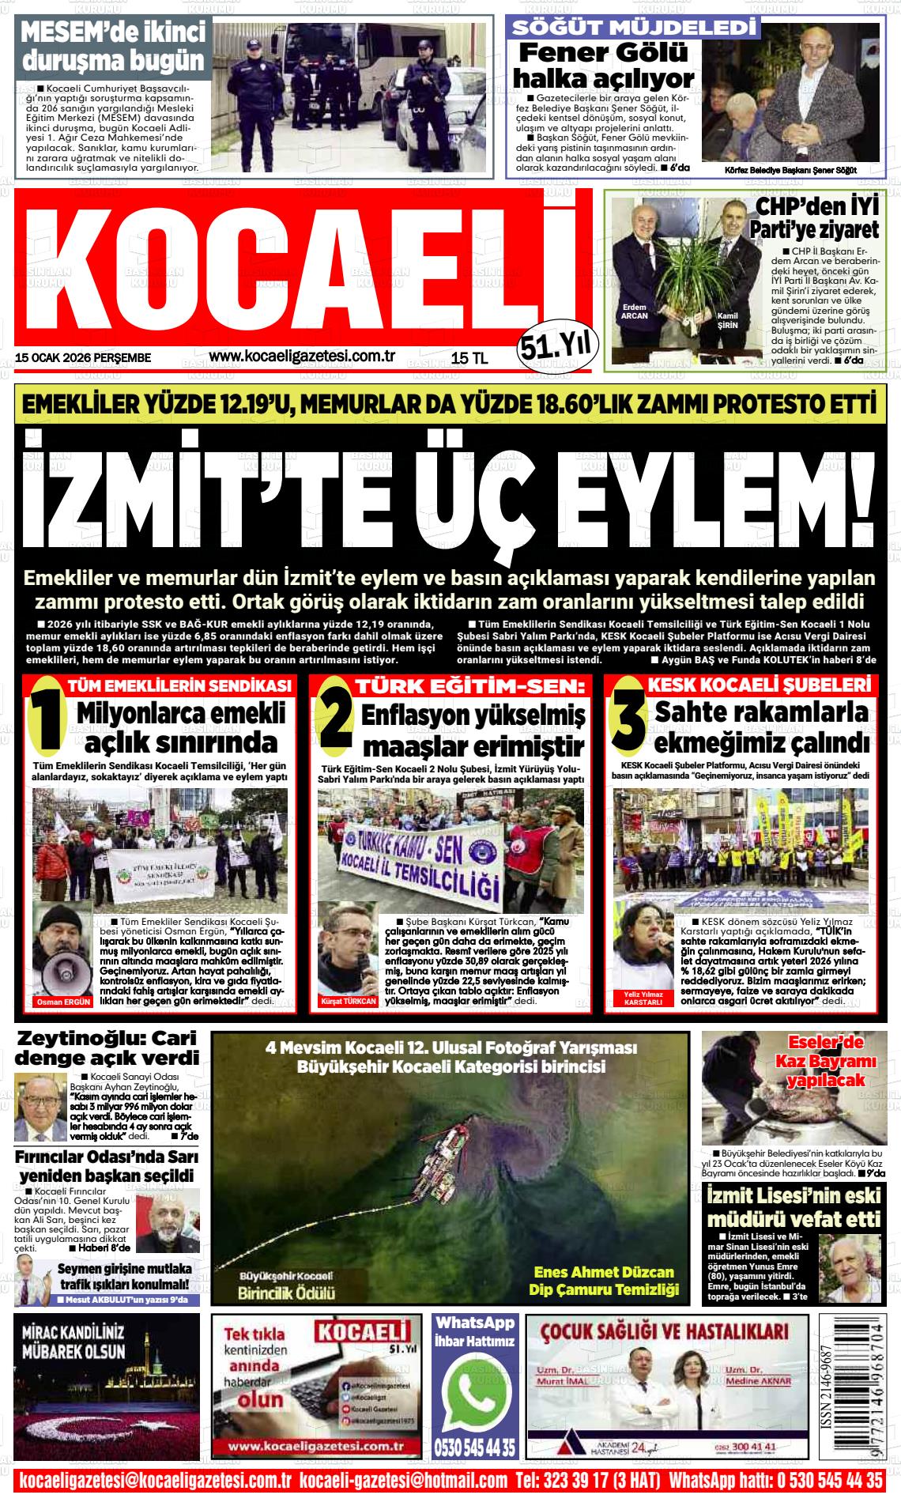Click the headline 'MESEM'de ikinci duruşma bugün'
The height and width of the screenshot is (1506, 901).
pos(112,47)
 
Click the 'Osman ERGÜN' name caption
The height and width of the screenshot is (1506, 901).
pos(62,1002)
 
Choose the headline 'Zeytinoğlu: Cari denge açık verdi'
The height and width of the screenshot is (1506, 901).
pos(107,1047)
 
